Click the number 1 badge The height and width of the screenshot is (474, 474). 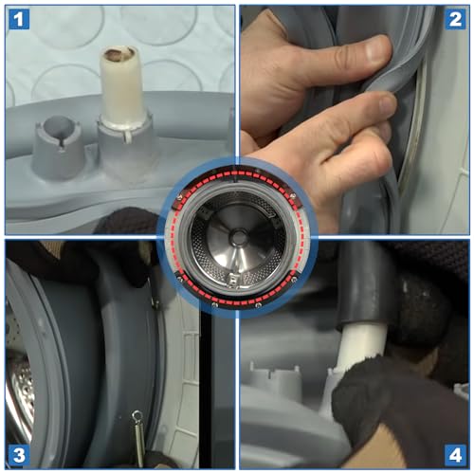(x=19, y=19)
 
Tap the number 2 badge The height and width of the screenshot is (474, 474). (x=455, y=19)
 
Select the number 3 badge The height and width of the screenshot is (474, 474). (x=19, y=455)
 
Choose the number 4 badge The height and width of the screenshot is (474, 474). (x=455, y=455)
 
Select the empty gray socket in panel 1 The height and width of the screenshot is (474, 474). (x=57, y=147)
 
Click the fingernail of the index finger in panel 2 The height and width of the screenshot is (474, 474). (x=388, y=106)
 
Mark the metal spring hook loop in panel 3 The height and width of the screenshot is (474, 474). (x=137, y=416)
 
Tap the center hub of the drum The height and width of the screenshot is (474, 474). (x=238, y=236)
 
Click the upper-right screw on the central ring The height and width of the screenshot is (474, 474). (x=293, y=196)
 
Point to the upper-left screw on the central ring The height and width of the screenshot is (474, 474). (x=179, y=197)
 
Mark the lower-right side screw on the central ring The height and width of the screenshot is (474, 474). (x=294, y=279)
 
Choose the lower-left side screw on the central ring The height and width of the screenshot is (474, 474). (x=179, y=278)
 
